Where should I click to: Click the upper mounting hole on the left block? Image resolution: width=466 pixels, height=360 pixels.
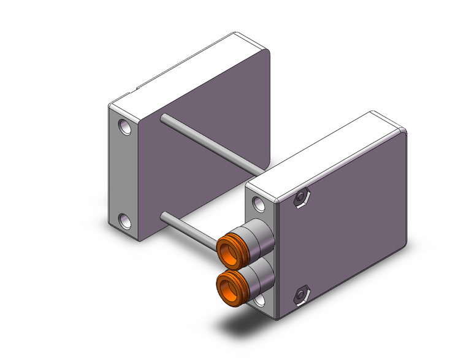124,129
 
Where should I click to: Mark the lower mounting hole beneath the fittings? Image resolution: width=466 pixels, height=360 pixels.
259,301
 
